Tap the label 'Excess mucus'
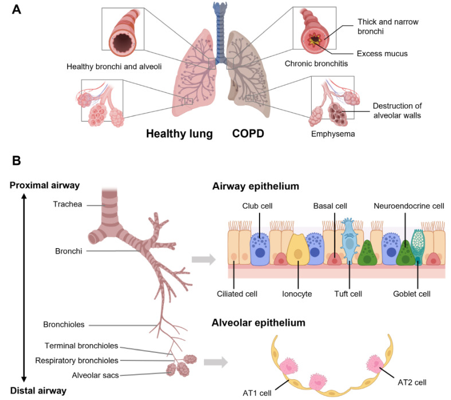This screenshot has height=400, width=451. (382, 54)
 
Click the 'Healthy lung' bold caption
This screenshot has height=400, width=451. (179, 134)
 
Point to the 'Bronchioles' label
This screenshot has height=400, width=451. (64, 324)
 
